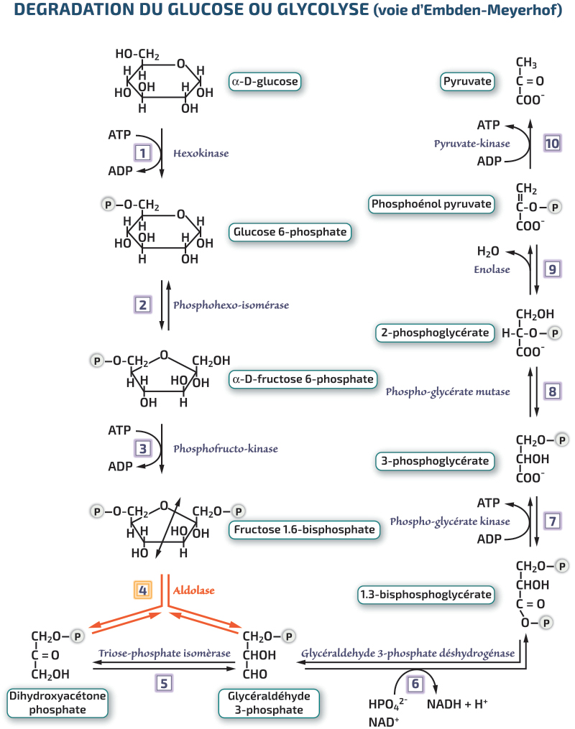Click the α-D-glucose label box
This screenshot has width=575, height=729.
pyautogui.click(x=265, y=81)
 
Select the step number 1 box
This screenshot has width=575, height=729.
pyautogui.click(x=143, y=153)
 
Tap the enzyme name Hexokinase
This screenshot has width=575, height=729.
pyautogui.click(x=201, y=154)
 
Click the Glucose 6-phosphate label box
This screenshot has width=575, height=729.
pyautogui.click(x=290, y=232)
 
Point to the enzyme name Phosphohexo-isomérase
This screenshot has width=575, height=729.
pyautogui.click(x=231, y=305)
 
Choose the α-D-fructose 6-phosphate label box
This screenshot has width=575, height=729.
pyautogui.click(x=303, y=379)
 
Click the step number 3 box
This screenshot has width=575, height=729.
pyautogui.click(x=143, y=449)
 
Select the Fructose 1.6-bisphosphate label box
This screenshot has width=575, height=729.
pyautogui.click(x=304, y=529)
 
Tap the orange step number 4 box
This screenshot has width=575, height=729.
pyautogui.click(x=143, y=590)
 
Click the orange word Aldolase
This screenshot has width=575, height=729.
pyautogui.click(x=194, y=590)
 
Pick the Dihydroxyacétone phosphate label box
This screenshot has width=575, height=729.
pyautogui.click(x=57, y=703)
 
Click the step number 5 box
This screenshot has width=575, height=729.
pyautogui.click(x=164, y=684)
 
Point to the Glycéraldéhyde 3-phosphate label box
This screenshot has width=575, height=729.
pyautogui.click(x=269, y=703)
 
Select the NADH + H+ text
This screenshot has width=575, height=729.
pyautogui.click(x=457, y=705)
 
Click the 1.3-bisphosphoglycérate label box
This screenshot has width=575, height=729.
pyautogui.click(x=425, y=595)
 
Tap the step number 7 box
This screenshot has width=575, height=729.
pyautogui.click(x=552, y=521)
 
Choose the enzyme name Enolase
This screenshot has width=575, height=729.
pyautogui.click(x=492, y=269)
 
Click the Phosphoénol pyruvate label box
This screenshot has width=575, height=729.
pyautogui.click(x=431, y=204)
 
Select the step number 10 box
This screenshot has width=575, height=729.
pyautogui.click(x=552, y=143)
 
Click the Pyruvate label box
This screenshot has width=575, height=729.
pyautogui.click(x=467, y=81)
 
